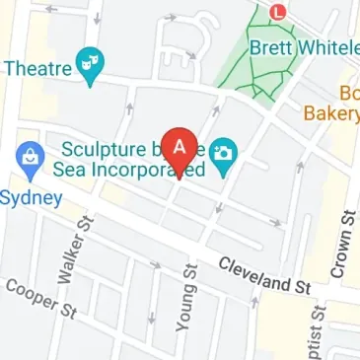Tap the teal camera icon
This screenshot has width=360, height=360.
(225, 154)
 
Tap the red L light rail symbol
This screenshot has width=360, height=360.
(277, 13)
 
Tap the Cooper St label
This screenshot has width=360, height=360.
(40, 299)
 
